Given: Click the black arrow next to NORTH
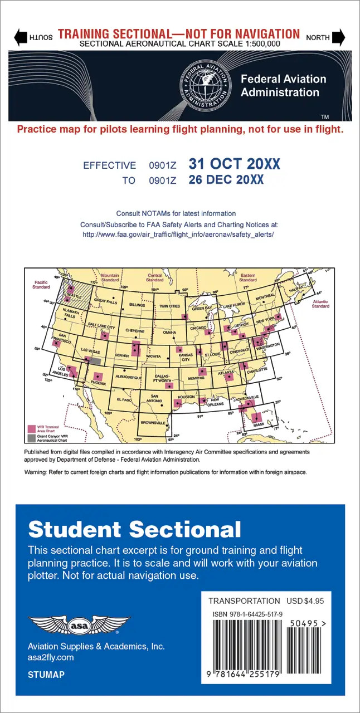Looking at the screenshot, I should click(339, 38).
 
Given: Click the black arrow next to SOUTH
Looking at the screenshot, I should click(21, 38).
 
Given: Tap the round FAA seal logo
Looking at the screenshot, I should click(207, 86).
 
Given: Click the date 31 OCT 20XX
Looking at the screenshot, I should click(234, 164).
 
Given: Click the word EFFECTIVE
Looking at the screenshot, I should click(109, 165).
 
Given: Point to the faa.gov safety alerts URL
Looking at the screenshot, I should click(178, 235).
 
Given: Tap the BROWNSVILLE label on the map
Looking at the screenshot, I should click(153, 423).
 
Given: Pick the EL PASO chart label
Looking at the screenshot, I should click(124, 400).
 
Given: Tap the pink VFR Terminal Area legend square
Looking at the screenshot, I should click(31, 429).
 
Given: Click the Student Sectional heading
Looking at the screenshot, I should click(134, 529).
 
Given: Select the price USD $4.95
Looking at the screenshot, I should click(305, 601).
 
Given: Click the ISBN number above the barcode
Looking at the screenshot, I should click(247, 614).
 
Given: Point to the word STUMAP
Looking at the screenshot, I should click(46, 675).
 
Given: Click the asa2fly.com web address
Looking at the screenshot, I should click(51, 658).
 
